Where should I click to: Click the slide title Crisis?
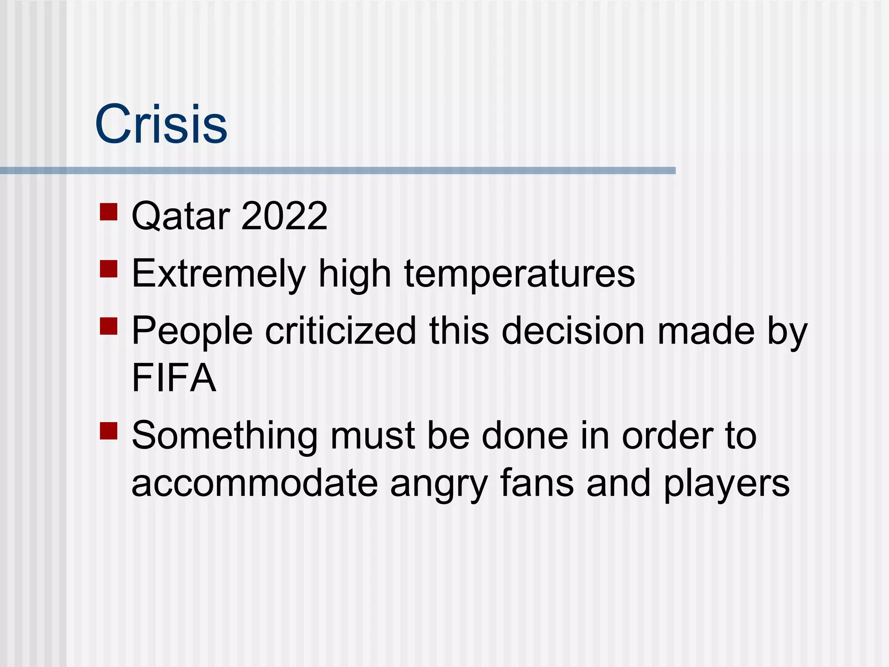[x=161, y=125]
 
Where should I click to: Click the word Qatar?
[x=181, y=216]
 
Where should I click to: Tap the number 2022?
[x=284, y=216]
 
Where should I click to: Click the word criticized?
[x=340, y=331]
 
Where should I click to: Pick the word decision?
[x=573, y=331]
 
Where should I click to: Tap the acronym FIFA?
[x=174, y=378]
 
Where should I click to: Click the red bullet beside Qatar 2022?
[x=109, y=212]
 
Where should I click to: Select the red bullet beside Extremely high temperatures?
[x=109, y=269]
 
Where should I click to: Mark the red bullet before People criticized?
[x=109, y=326]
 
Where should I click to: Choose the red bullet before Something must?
[x=109, y=431]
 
